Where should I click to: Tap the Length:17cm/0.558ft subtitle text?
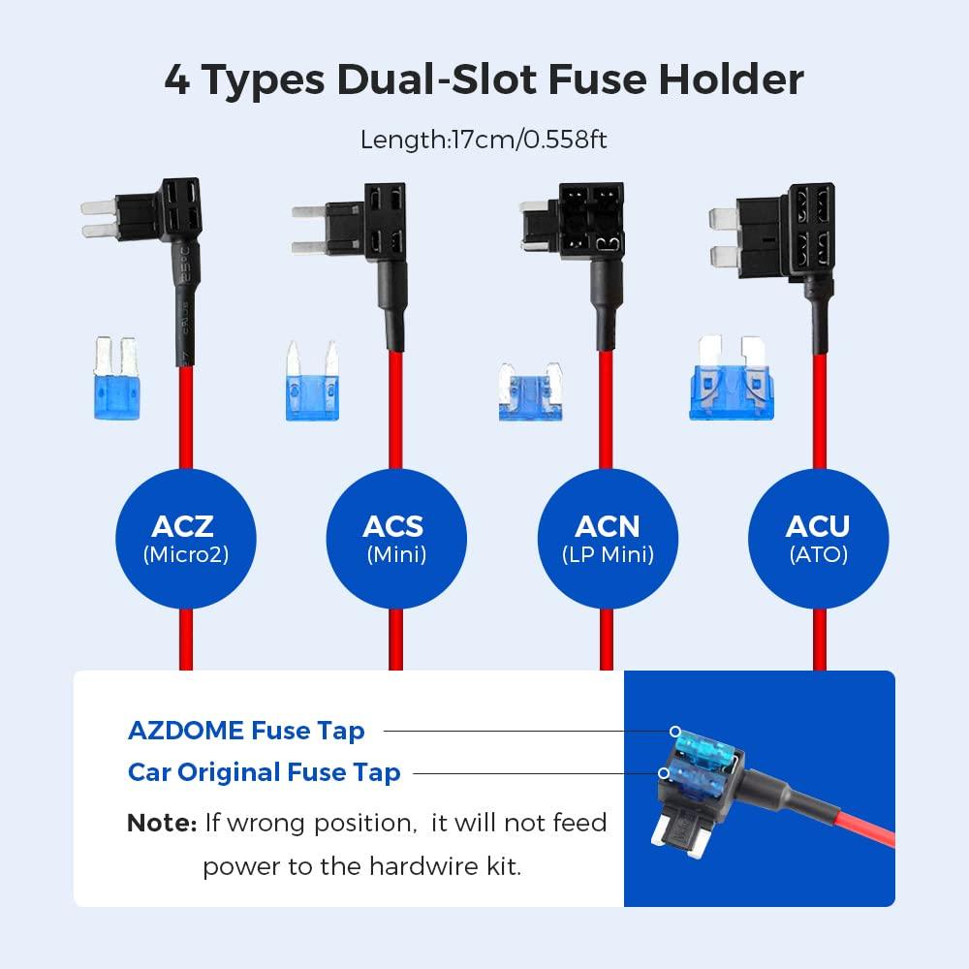[484, 139]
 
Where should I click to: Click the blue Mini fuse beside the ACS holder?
[312, 383]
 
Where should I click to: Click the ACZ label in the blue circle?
[182, 526]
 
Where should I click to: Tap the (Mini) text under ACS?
[395, 555]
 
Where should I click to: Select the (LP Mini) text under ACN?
[608, 555]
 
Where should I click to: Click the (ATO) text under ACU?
[818, 555]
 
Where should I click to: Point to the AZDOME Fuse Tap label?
[246, 730]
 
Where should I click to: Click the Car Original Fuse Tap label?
[264, 772]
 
